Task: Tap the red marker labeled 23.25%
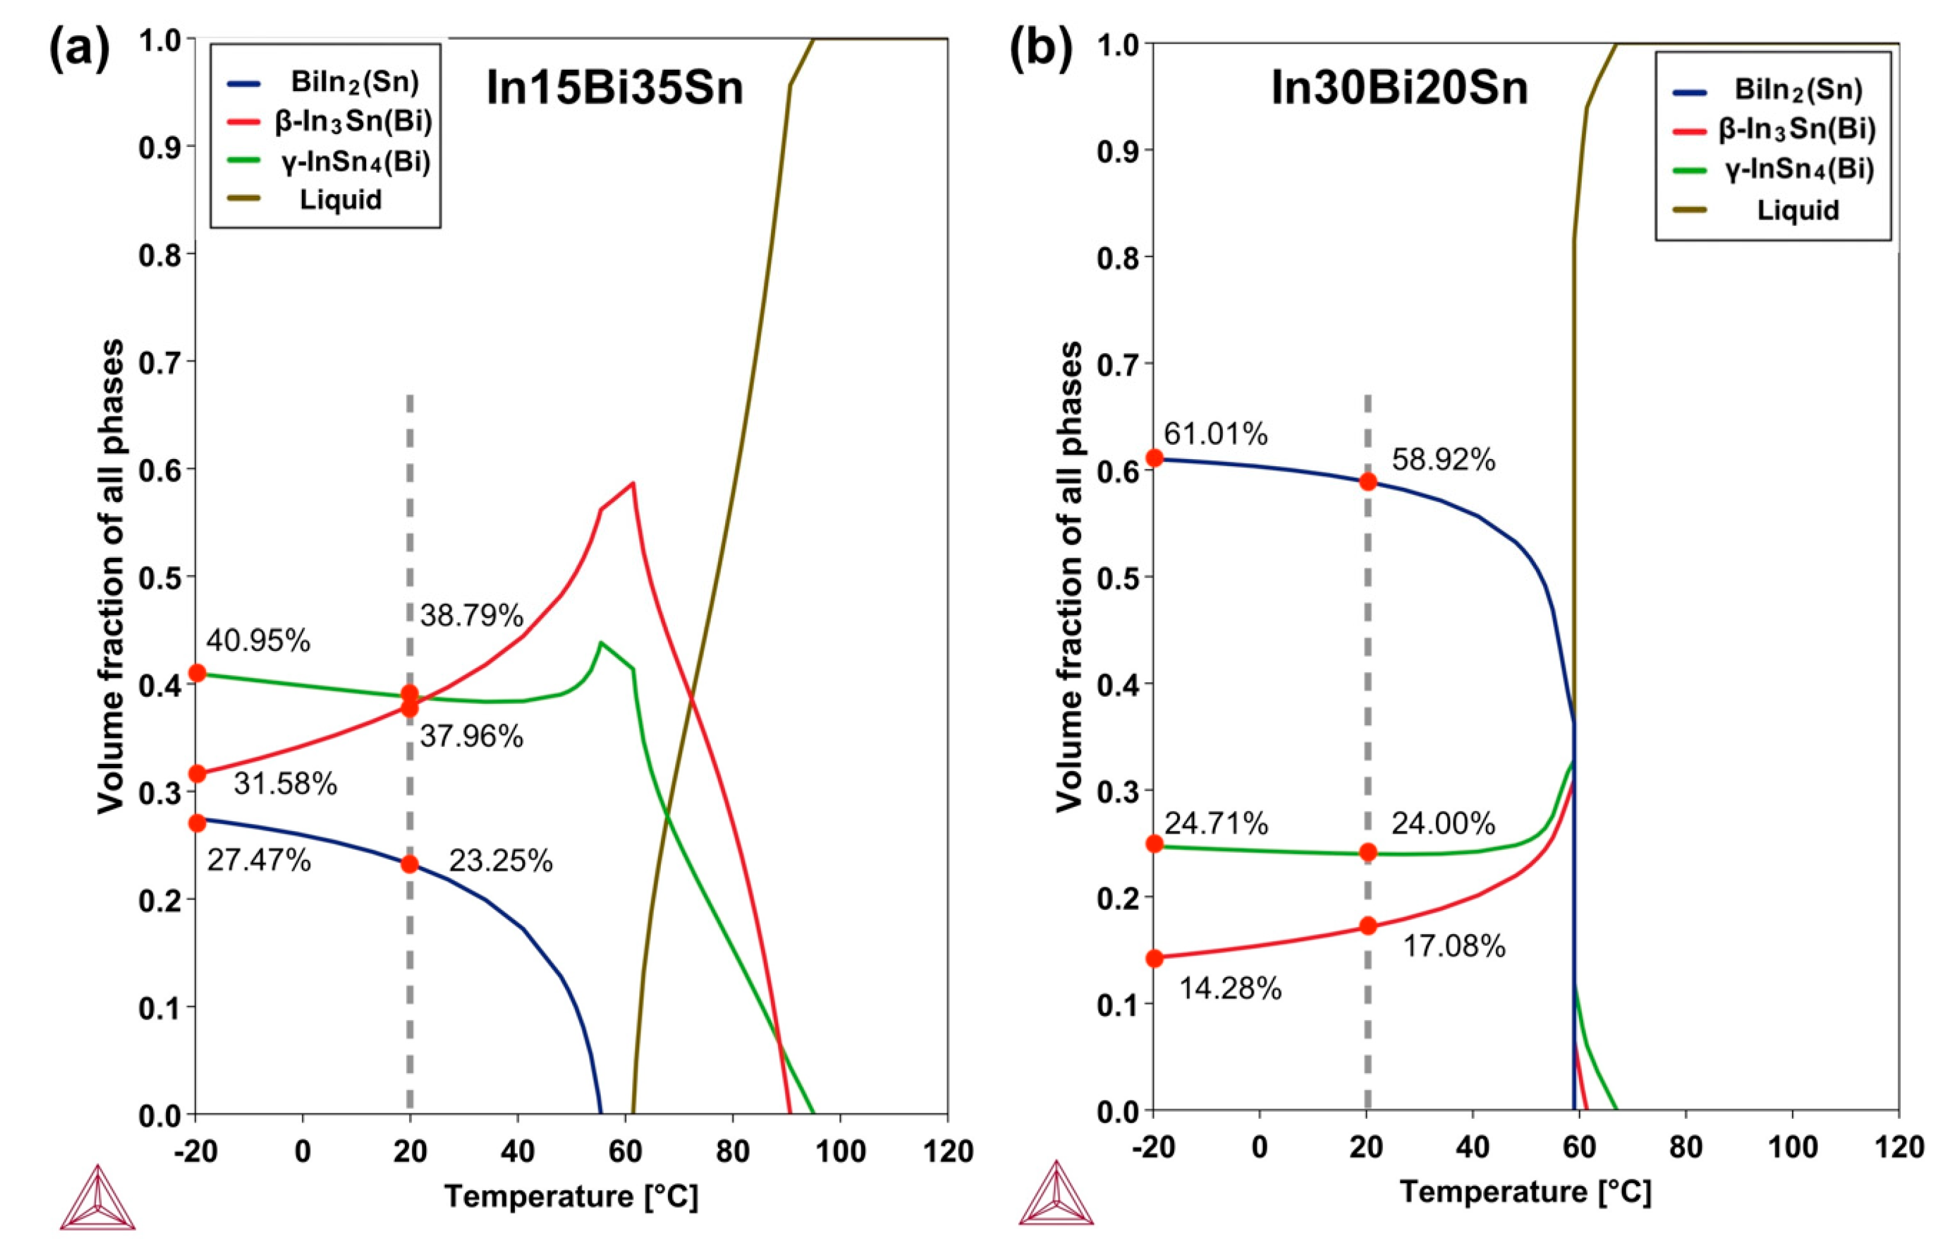click(410, 865)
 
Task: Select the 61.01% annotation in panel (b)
click(1215, 435)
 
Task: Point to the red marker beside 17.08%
click(1367, 925)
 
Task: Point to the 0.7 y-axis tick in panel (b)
click(1117, 363)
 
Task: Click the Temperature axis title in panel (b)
click(1525, 1191)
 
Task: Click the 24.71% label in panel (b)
click(1216, 823)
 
